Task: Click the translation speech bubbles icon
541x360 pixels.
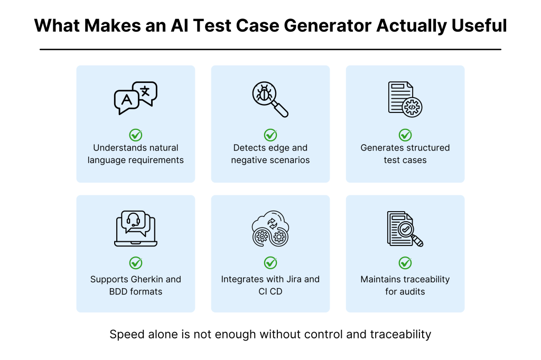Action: coord(136,98)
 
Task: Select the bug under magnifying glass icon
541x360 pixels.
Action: coord(270,99)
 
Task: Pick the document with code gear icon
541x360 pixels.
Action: coord(405,99)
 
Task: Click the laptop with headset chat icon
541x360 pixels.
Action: coord(136,228)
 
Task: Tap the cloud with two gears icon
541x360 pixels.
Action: coord(270,228)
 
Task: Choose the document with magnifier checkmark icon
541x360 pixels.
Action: coord(405,229)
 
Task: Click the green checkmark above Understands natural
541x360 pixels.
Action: coord(136,135)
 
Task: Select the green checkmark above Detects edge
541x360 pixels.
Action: coord(270,135)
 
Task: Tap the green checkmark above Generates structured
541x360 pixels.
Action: coord(405,135)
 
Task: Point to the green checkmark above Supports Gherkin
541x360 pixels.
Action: coord(136,263)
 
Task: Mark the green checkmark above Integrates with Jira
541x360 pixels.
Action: coord(270,263)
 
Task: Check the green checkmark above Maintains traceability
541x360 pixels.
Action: coord(405,263)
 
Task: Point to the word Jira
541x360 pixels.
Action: coord(294,279)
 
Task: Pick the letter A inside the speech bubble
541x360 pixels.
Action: coord(127,100)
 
